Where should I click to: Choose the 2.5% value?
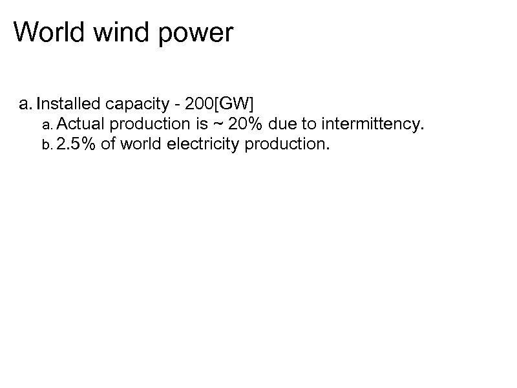pos(76,144)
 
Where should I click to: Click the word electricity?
pos(203,144)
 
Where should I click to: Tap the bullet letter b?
pos(45,144)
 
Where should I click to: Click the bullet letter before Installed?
pos(25,104)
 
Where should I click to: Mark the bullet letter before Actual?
pos(45,124)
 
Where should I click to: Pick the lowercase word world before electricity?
pos(142,144)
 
